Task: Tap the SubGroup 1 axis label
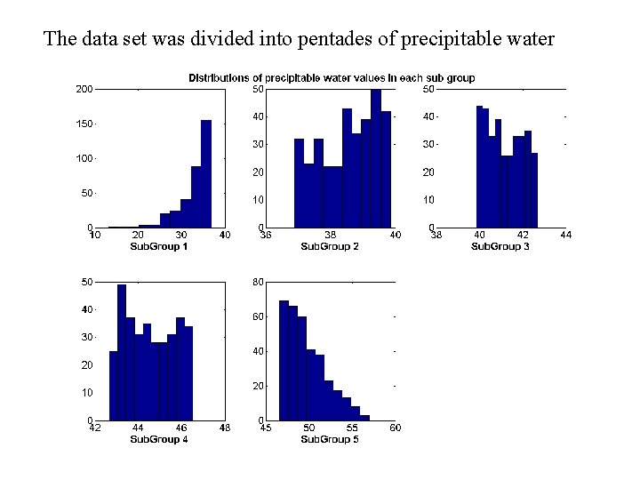[159, 246]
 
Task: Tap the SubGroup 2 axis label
[330, 246]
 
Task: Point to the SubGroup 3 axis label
[500, 246]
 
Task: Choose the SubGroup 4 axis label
[159, 439]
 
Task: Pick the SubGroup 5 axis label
[330, 439]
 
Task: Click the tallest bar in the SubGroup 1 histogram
[206, 174]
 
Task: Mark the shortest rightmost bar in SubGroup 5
[364, 417]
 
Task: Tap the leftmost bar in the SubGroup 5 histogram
[284, 361]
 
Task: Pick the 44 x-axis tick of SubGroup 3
[565, 235]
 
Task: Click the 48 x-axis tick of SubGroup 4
[224, 428]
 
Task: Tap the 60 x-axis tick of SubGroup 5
[395, 428]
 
